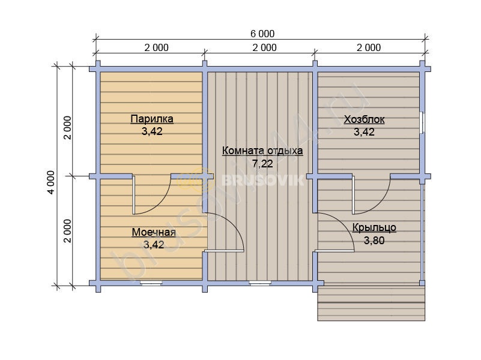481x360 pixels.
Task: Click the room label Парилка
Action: [152, 119]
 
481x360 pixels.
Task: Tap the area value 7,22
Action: [262, 164]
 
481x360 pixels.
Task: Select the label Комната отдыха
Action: [262, 151]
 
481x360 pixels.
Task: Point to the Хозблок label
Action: [364, 119]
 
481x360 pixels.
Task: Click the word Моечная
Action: [154, 232]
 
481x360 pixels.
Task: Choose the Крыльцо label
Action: [374, 227]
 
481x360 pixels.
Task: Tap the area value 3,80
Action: [374, 241]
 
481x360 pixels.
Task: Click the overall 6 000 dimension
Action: [262, 34]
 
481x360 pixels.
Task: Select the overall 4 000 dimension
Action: [51, 182]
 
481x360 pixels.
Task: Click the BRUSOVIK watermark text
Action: [262, 180]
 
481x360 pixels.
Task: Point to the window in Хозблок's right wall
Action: [423, 122]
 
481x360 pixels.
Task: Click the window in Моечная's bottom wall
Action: [151, 283]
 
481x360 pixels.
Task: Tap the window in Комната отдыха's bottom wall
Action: [260, 283]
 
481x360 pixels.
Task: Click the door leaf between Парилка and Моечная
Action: [134, 195]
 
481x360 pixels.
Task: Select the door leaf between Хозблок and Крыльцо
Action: [353, 195]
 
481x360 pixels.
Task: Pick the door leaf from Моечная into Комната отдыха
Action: [223, 251]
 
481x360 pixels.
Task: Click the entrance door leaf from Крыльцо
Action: [334, 251]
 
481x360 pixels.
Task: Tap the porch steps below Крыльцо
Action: [371, 304]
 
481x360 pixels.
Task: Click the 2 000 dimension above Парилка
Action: [157, 48]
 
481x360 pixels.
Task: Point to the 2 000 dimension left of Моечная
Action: [67, 231]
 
